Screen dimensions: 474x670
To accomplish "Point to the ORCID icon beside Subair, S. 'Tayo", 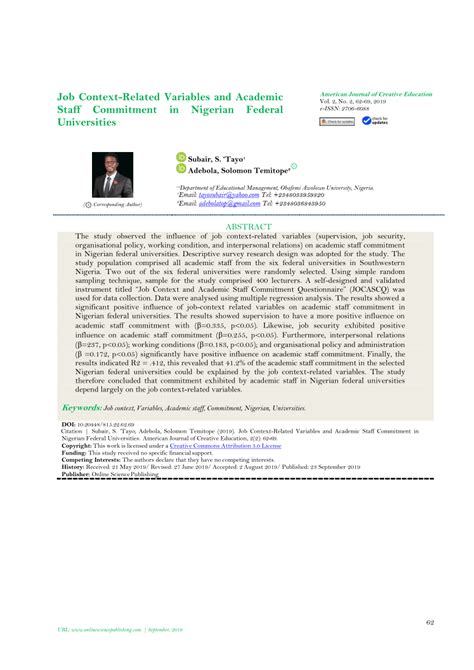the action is click(181, 157).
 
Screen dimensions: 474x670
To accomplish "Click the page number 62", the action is click(428, 623).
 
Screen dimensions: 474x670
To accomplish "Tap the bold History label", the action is click(74, 466).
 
